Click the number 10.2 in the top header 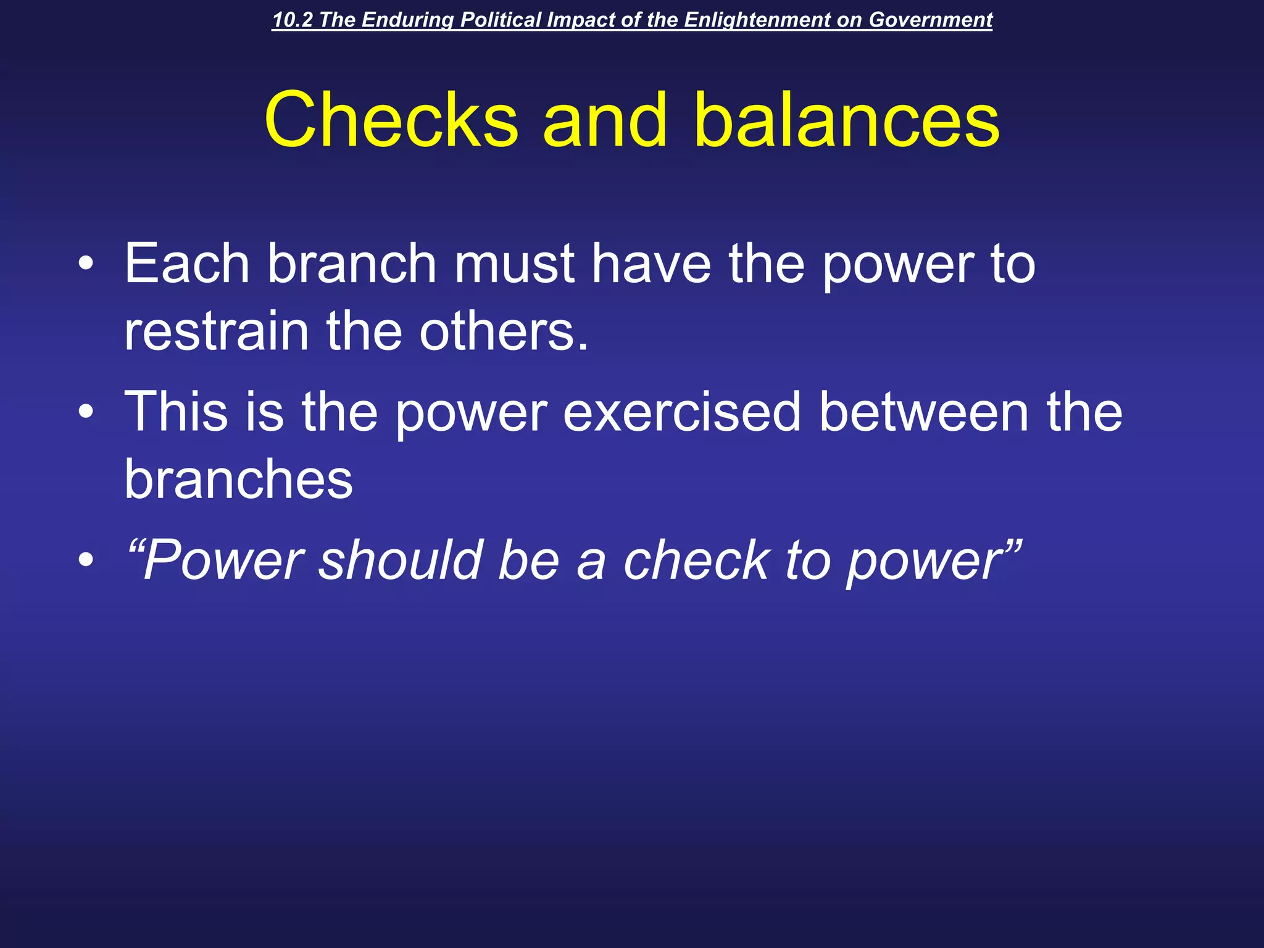click(293, 20)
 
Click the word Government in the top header click(930, 20)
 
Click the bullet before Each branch click(86, 265)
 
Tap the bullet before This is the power click(86, 412)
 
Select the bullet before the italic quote click(86, 560)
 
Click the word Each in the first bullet click(187, 264)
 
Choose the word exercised click(682, 412)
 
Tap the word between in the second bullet click(924, 412)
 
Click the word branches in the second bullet click(239, 480)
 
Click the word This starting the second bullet click(177, 412)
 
